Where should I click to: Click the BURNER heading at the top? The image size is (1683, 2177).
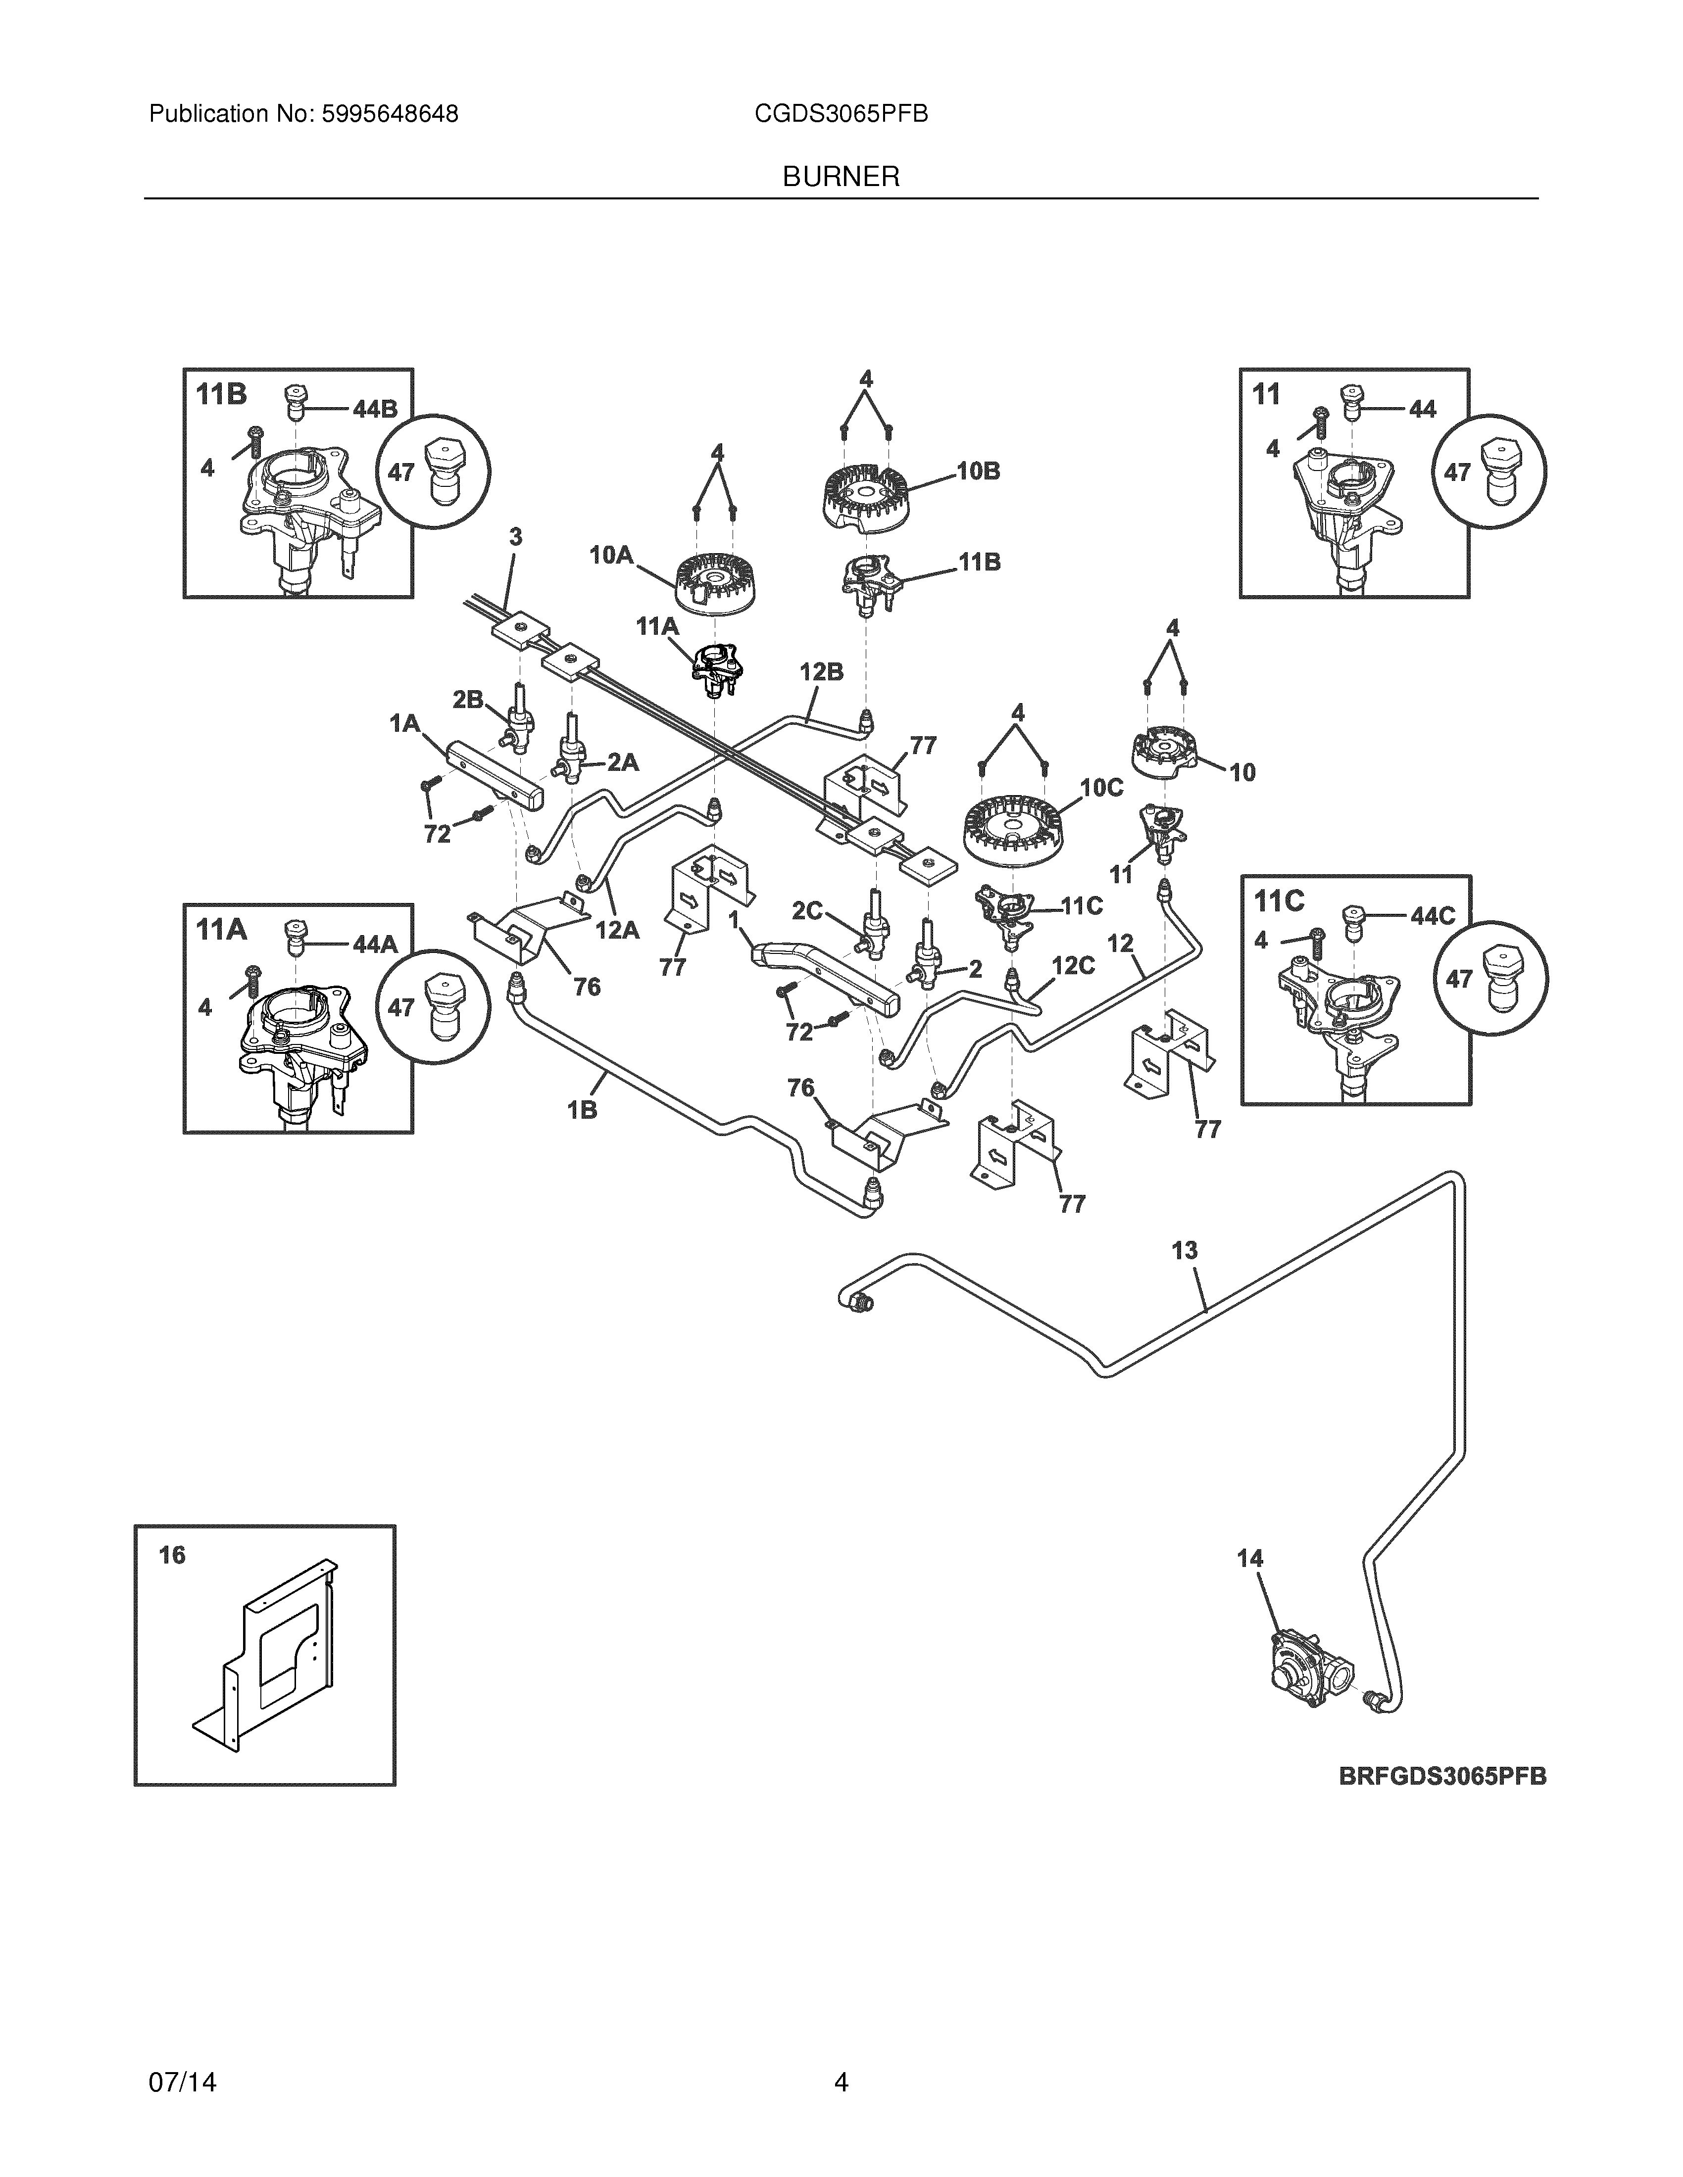841,178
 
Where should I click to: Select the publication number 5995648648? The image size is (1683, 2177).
390,115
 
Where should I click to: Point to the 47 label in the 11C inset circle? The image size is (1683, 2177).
1459,980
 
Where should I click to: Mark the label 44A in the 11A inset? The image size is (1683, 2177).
375,944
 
